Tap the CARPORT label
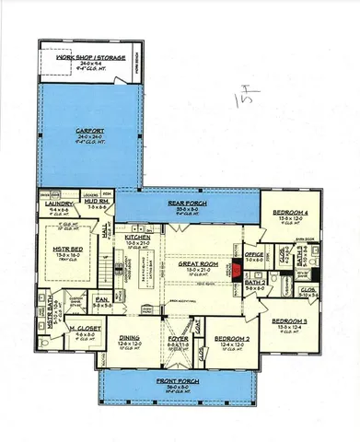[x=90, y=132]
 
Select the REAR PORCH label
[x=187, y=202]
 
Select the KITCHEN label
[x=137, y=238]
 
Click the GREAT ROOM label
[x=199, y=263]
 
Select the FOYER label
[x=179, y=338]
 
